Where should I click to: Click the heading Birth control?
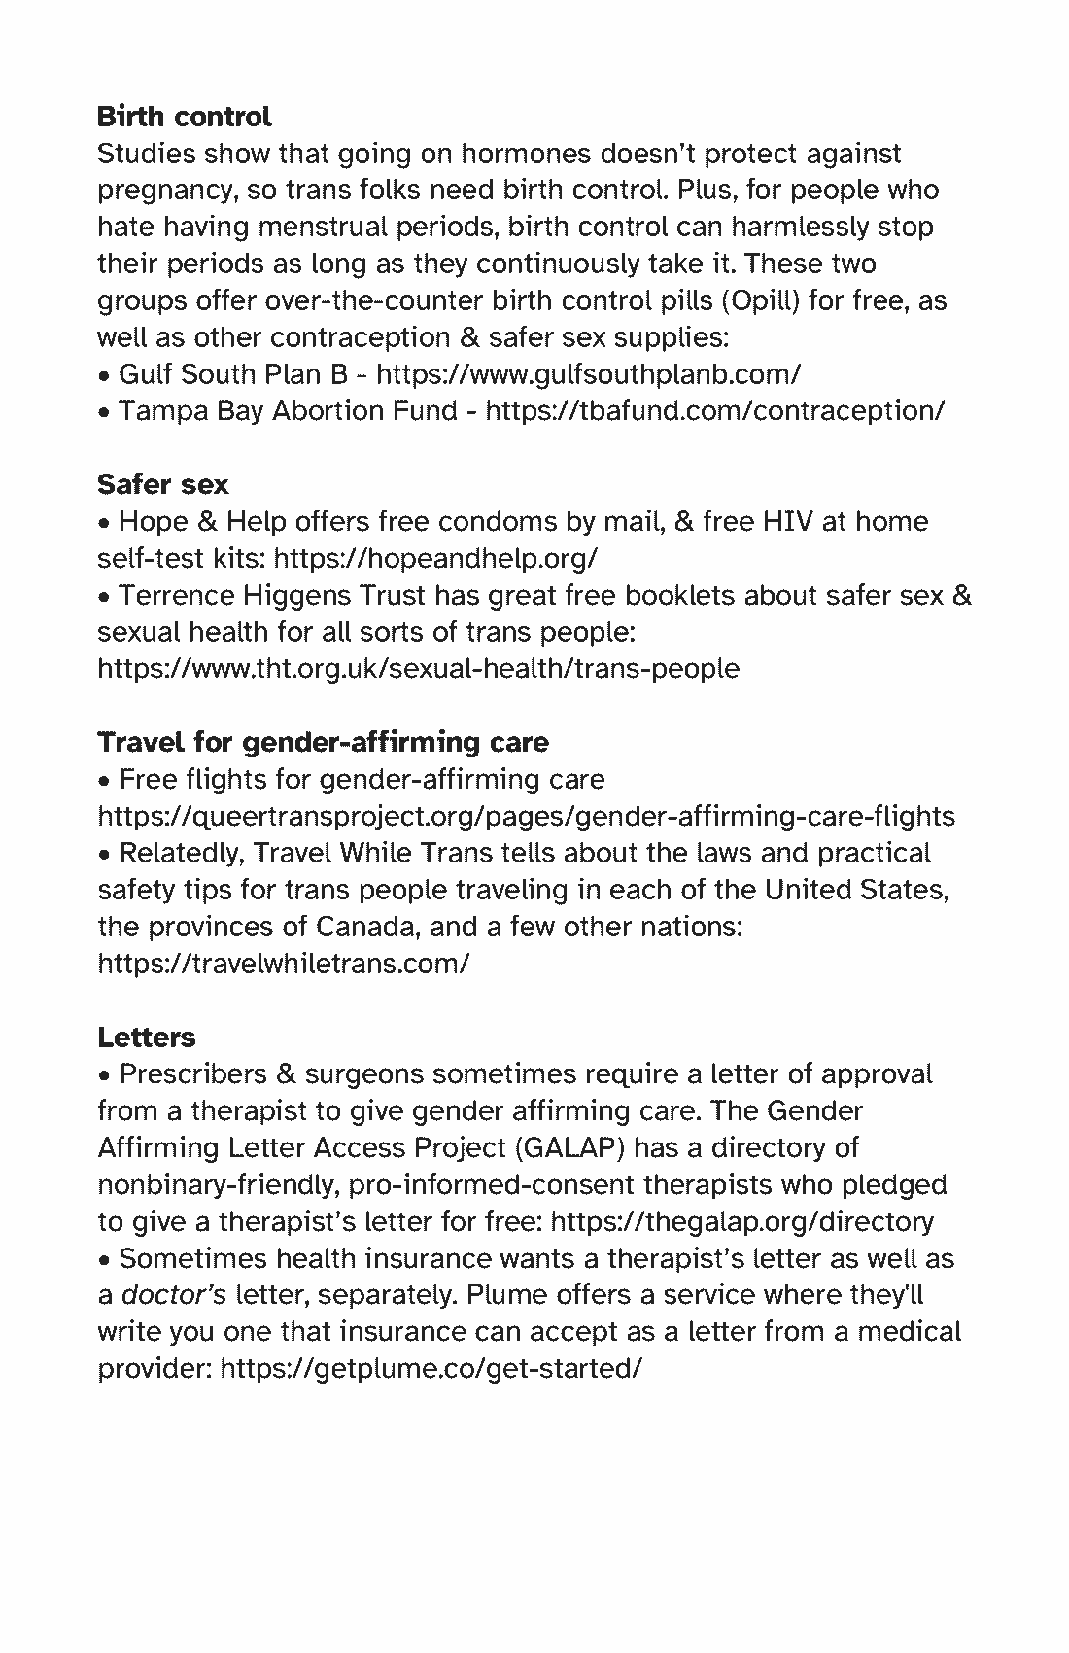click(184, 117)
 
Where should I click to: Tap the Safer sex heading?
click(163, 484)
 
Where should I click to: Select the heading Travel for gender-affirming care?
click(323, 742)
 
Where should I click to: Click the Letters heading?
click(147, 1038)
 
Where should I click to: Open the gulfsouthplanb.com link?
click(588, 374)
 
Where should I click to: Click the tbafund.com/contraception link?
click(714, 411)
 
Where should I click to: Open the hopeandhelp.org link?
click(435, 559)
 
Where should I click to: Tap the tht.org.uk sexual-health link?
click(418, 669)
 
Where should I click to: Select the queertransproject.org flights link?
click(526, 816)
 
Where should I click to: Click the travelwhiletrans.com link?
click(284, 964)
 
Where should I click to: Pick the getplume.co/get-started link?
click(431, 1369)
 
